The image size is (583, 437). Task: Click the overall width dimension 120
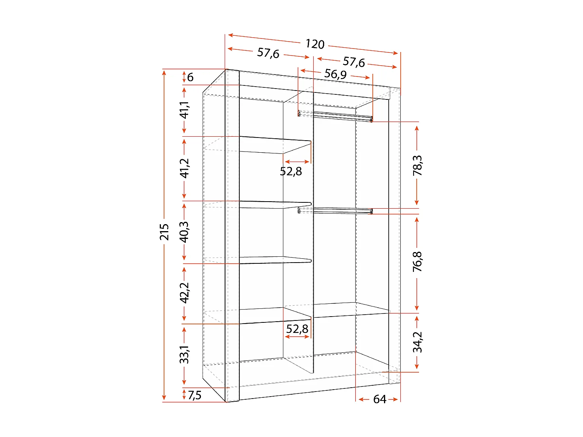coord(315,44)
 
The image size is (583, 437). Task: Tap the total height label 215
coord(164,232)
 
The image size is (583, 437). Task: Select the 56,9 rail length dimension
coord(335,74)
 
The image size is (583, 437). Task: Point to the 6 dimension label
coord(190,77)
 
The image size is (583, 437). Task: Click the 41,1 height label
coord(184,110)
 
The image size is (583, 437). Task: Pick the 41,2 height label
coord(184,168)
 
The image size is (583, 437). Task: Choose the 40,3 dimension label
coord(184,232)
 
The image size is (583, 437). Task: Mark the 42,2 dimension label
coord(184,293)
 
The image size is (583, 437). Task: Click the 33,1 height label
coord(184,354)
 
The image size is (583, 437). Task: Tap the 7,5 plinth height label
coord(194,395)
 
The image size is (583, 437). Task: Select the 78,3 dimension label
coord(417,165)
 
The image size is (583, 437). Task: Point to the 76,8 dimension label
coord(417,261)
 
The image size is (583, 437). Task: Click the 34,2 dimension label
coord(417,342)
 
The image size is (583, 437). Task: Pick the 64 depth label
coord(379,399)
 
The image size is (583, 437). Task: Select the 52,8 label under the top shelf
coord(291,171)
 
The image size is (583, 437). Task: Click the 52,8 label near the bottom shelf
coord(297,329)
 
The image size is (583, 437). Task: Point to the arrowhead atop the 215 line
coord(164,72)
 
